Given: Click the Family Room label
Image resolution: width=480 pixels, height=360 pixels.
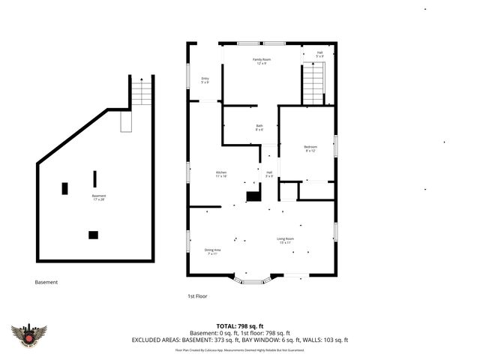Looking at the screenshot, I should click(x=261, y=61).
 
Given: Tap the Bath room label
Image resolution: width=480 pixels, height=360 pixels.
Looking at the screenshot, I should click(x=259, y=127).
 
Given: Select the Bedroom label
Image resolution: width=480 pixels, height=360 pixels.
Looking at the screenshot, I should click(x=310, y=148).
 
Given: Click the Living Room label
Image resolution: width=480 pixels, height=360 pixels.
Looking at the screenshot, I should click(x=286, y=241).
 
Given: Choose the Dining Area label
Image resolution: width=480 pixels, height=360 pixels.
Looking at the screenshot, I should click(x=212, y=251).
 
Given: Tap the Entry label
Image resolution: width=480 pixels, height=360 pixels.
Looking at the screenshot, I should click(x=205, y=80).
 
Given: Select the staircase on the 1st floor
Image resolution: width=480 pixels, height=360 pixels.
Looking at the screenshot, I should click(x=313, y=84).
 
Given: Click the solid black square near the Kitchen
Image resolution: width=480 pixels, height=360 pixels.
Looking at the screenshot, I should click(x=254, y=196).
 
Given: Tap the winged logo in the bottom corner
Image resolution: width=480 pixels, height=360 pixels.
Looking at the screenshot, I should click(x=29, y=334).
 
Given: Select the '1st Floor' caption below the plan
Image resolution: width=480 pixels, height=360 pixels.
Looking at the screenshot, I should click(x=196, y=296).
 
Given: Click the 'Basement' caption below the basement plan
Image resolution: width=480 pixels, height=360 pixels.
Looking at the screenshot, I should click(x=46, y=282).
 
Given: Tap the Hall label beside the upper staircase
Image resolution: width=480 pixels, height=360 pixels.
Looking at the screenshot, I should click(x=319, y=55).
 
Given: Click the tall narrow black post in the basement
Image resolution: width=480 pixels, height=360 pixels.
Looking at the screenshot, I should click(x=94, y=178).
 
